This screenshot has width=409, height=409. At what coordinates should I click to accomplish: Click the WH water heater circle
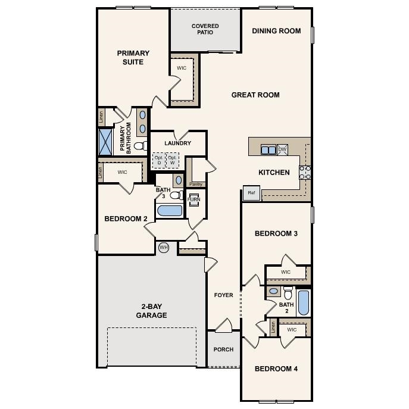tap(164, 247)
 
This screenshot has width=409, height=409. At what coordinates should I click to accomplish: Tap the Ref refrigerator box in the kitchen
tap(251, 193)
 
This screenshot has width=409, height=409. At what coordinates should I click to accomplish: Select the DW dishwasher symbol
tap(283, 149)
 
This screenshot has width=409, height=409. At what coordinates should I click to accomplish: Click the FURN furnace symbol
tap(194, 199)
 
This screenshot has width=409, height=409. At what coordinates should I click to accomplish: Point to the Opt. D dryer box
tap(159, 160)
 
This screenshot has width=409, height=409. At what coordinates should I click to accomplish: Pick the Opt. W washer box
tap(173, 160)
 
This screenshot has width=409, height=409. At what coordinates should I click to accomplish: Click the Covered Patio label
tap(205, 29)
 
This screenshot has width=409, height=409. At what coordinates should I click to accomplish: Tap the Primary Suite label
tap(133, 57)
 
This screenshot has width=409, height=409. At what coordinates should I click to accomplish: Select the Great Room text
tap(255, 95)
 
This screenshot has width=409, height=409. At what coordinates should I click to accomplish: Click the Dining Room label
tap(276, 31)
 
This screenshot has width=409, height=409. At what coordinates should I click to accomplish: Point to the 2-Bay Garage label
tap(151, 311)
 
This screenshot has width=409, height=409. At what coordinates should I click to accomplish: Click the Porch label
tap(223, 349)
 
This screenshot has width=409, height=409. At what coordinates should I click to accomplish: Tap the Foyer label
tap(224, 295)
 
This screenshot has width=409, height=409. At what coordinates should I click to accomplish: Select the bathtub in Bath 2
tap(303, 303)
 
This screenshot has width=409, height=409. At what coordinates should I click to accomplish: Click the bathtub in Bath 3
tap(169, 211)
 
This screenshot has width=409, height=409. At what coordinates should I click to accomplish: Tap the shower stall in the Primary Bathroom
tap(107, 142)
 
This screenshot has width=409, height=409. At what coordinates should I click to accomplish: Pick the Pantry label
tap(196, 184)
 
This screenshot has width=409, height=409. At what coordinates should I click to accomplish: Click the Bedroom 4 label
tap(276, 369)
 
